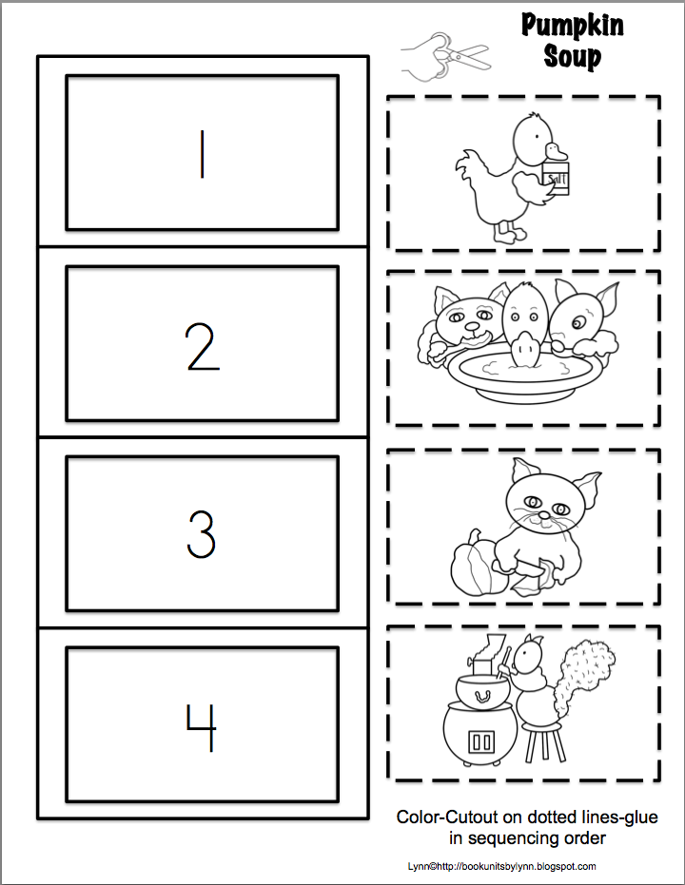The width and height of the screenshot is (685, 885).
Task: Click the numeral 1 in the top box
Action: pyautogui.click(x=202, y=153)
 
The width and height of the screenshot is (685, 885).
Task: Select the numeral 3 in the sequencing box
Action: pyautogui.click(x=201, y=535)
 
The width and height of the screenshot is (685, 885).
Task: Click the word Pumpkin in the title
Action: pyautogui.click(x=572, y=26)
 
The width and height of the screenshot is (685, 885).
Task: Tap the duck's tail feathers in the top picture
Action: pyautogui.click(x=468, y=171)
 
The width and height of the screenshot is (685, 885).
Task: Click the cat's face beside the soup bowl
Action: pyautogui.click(x=461, y=318)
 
